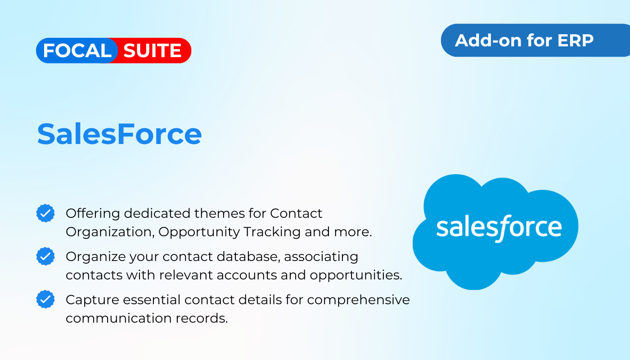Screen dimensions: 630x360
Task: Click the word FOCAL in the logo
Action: pos(77,50)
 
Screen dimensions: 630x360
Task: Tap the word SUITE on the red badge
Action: pos(152,50)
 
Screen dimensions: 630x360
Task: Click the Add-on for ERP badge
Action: pos(535,40)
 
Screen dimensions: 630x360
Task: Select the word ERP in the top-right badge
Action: pos(576,40)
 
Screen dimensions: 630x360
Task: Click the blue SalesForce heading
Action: pos(120,134)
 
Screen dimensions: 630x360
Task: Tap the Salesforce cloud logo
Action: pos(495,232)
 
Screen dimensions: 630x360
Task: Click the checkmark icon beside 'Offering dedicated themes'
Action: pos(45,213)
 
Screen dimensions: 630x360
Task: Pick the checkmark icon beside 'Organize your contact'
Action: pos(45,256)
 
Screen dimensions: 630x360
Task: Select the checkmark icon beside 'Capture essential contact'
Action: pos(45,299)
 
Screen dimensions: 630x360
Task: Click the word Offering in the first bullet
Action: pos(93,214)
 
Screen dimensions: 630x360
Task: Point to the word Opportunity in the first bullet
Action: pos(199,232)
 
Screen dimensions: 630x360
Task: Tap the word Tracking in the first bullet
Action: pos(272,232)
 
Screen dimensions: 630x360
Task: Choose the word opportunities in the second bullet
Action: pos(356,275)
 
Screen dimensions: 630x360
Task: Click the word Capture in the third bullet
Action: pos(93,300)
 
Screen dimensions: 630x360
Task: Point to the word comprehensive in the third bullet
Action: pos(358,300)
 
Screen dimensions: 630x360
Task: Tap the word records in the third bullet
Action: pos(202,319)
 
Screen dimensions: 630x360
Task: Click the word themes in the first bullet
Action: pos(219,213)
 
